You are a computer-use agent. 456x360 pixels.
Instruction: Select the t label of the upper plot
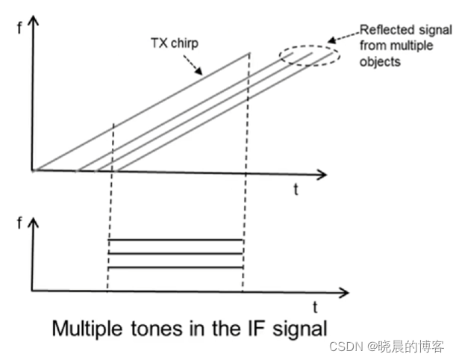tap(296, 189)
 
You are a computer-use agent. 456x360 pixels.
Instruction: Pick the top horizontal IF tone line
tap(175, 240)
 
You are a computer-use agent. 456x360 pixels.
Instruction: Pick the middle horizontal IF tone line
tap(175, 254)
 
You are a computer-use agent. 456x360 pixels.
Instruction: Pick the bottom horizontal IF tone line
tap(175, 267)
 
